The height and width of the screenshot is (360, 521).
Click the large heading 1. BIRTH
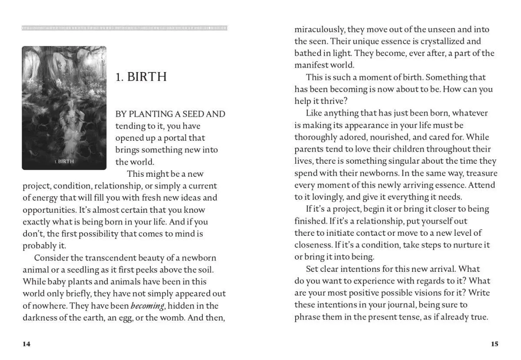(141, 77)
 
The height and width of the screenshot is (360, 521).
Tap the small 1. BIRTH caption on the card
(64, 162)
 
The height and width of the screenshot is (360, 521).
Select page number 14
(26, 344)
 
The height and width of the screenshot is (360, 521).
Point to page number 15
(495, 344)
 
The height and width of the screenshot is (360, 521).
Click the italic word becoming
(147, 306)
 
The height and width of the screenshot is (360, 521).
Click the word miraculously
(320, 30)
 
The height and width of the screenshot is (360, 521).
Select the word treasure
(481, 173)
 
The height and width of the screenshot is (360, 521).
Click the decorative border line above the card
(125, 29)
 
